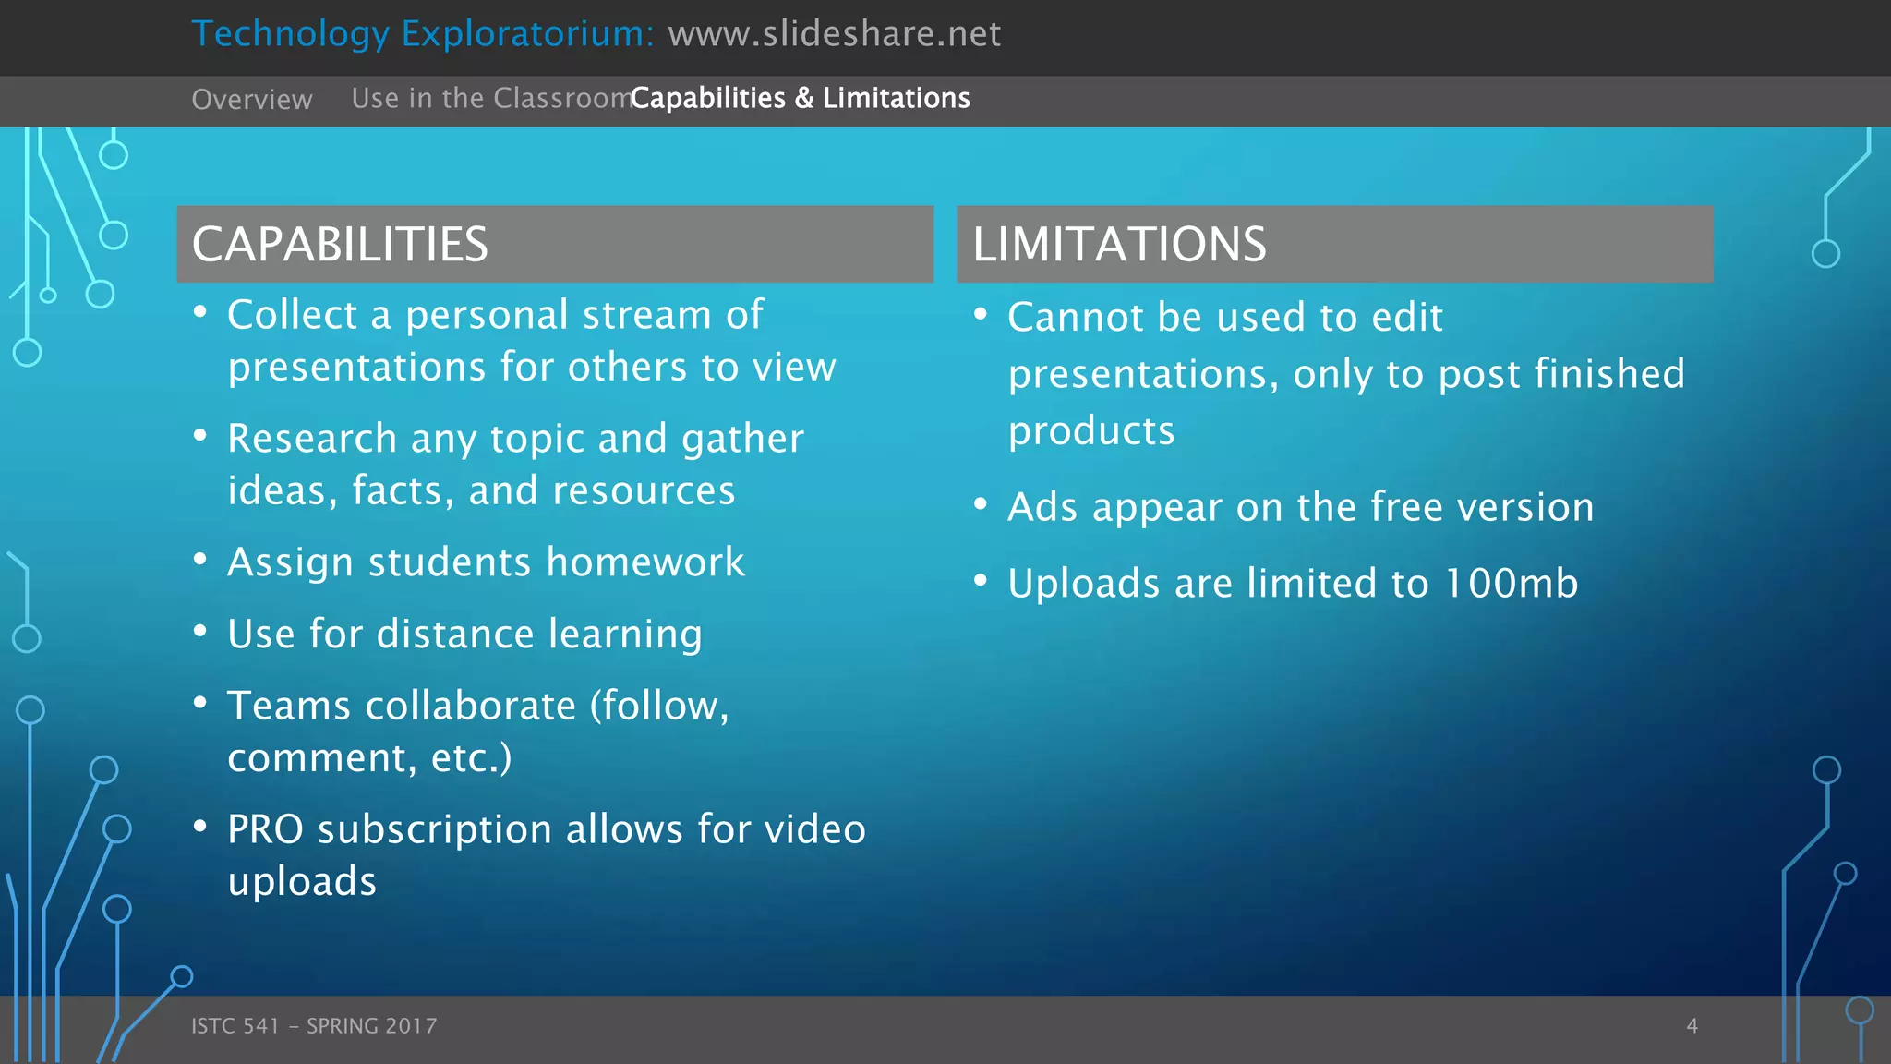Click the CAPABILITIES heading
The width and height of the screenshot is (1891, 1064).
340,245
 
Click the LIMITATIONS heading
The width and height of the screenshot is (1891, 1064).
1119,245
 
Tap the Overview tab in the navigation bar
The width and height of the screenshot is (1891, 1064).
251,99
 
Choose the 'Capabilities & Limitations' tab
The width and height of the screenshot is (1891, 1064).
801,98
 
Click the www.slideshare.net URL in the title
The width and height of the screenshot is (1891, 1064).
834,34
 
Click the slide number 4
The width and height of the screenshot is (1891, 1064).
1692,1025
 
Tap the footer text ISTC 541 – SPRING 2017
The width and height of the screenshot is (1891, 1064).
314,1025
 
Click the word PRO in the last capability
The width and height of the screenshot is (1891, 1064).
265,829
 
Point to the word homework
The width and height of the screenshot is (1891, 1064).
645,562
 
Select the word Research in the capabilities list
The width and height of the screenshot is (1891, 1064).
312,439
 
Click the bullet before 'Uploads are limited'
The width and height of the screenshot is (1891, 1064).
981,580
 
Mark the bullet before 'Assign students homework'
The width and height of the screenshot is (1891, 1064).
200,559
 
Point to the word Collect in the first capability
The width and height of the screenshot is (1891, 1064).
292,315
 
